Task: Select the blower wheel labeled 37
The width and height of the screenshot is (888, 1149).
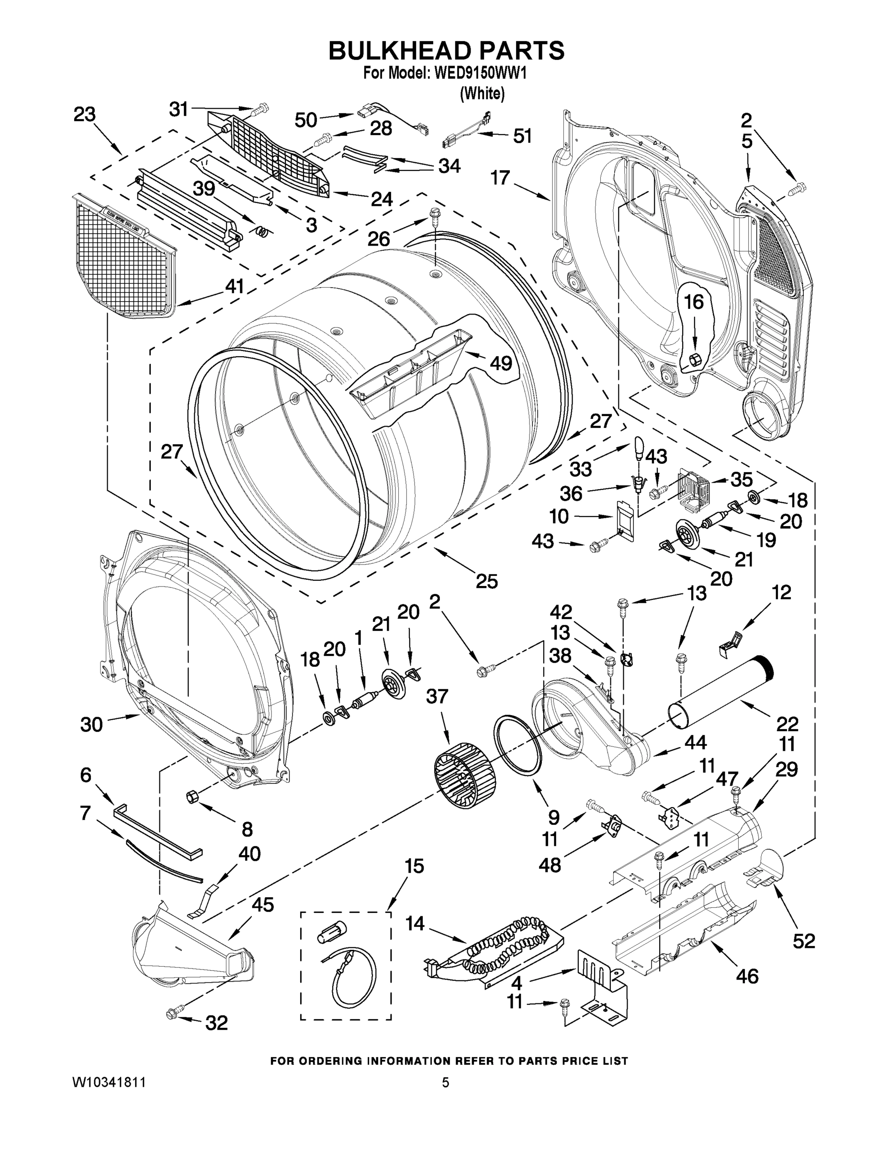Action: [465, 776]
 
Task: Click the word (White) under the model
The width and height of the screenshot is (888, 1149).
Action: [482, 94]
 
